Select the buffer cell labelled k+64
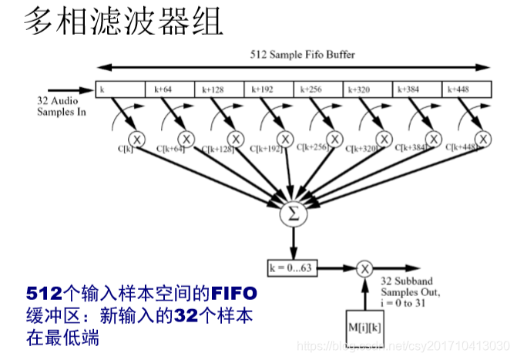[170, 89]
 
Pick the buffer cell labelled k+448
[467, 89]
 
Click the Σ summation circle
[292, 214]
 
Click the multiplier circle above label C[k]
[136, 139]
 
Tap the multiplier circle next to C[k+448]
[483, 139]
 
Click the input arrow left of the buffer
[69, 89]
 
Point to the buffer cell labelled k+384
[416, 89]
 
